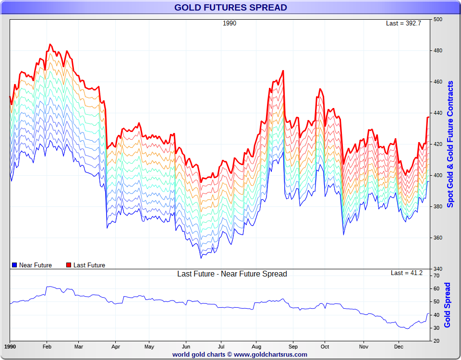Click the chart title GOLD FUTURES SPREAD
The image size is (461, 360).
(230, 7)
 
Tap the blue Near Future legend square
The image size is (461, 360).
(14, 265)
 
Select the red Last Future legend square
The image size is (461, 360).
(69, 265)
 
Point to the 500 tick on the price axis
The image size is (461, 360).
(438, 19)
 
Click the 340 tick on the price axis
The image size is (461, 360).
(438, 269)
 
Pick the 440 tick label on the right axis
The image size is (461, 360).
(438, 113)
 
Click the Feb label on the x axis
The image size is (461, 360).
(47, 346)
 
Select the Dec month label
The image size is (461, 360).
(399, 346)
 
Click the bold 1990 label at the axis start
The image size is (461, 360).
(10, 346)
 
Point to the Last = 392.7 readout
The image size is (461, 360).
(403, 23)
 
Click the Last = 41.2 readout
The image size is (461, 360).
(407, 273)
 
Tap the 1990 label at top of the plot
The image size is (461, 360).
(230, 23)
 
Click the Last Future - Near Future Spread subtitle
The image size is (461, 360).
(232, 274)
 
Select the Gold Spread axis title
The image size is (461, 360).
(448, 305)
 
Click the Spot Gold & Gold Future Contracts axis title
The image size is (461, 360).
(450, 144)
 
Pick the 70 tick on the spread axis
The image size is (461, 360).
(437, 276)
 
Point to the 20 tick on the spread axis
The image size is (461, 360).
(437, 341)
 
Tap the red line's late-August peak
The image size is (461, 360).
(283, 71)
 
